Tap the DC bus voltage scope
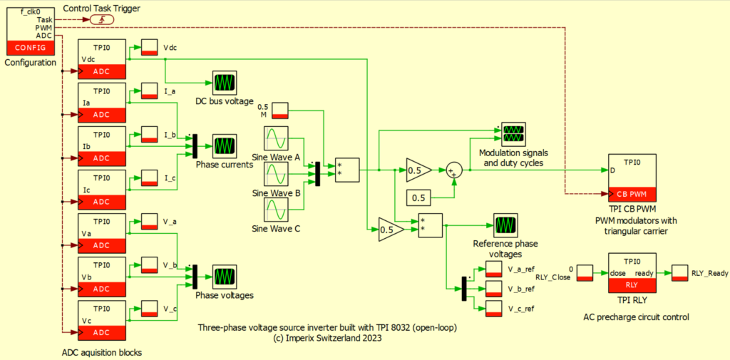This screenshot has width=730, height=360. click(225, 82)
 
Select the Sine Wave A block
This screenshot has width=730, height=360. click(276, 138)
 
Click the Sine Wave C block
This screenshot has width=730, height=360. click(276, 210)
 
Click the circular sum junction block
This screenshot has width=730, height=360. click(454, 170)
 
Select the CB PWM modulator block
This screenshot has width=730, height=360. click(632, 178)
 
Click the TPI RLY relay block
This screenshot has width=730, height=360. click(632, 272)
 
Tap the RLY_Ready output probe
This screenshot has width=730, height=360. click(680, 272)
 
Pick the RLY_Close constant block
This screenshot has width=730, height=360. click(584, 272)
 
